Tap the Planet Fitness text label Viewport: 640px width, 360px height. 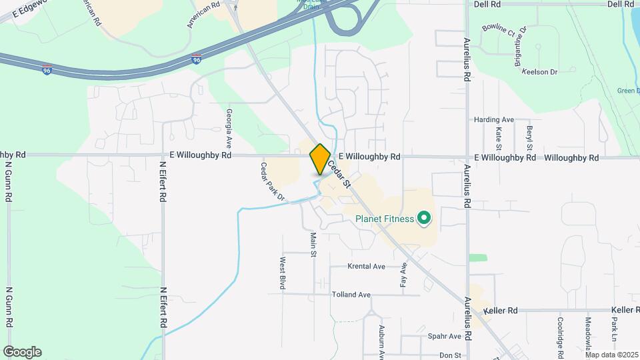point(385,218)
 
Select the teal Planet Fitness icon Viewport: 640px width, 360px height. point(423,218)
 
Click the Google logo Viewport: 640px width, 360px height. point(22,352)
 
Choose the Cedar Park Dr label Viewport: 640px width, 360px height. point(273,181)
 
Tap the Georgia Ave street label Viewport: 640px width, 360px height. point(229,128)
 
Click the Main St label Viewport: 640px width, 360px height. point(313,243)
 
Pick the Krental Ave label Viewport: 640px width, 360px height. point(367,266)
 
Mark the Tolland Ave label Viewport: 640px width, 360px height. point(351,294)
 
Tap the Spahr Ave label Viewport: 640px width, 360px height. point(445,336)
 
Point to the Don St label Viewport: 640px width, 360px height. point(451,355)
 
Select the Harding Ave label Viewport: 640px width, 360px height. point(494,119)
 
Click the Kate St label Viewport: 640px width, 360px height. point(499,138)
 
